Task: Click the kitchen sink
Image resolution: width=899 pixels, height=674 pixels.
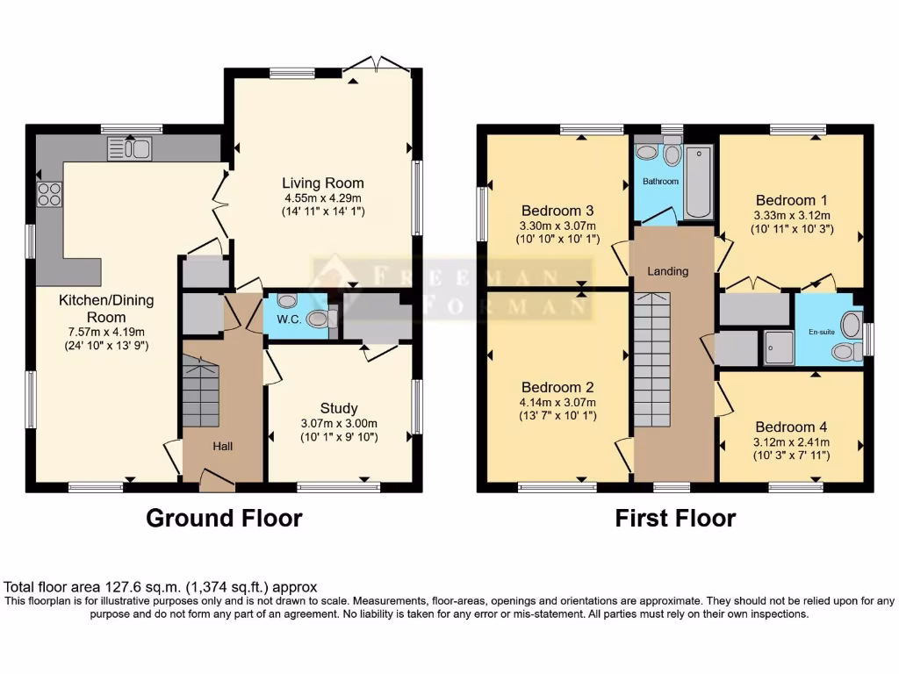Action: click(129, 149)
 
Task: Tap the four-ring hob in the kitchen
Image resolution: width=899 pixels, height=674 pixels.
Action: click(49, 193)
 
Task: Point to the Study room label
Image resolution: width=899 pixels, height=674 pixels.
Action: click(338, 408)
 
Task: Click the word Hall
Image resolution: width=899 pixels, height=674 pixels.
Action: click(223, 447)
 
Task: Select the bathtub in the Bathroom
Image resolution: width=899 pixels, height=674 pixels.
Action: click(699, 182)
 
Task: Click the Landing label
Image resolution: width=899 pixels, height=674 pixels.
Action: click(668, 271)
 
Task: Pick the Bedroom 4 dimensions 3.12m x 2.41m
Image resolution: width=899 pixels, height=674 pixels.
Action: click(792, 441)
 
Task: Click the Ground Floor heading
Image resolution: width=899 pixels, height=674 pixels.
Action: click(224, 518)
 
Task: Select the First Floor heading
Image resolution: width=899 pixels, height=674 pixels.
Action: click(675, 518)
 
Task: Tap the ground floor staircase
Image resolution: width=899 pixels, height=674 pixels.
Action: click(200, 391)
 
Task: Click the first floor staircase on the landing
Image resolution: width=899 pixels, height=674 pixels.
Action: click(651, 360)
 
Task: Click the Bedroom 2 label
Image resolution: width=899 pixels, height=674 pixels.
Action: click(557, 387)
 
